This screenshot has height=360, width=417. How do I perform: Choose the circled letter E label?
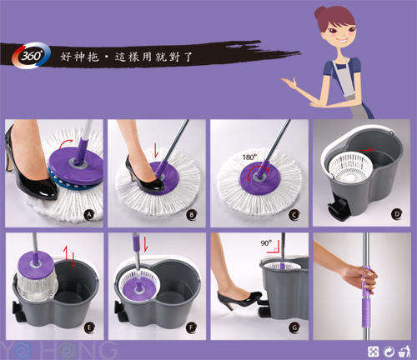(88, 327)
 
